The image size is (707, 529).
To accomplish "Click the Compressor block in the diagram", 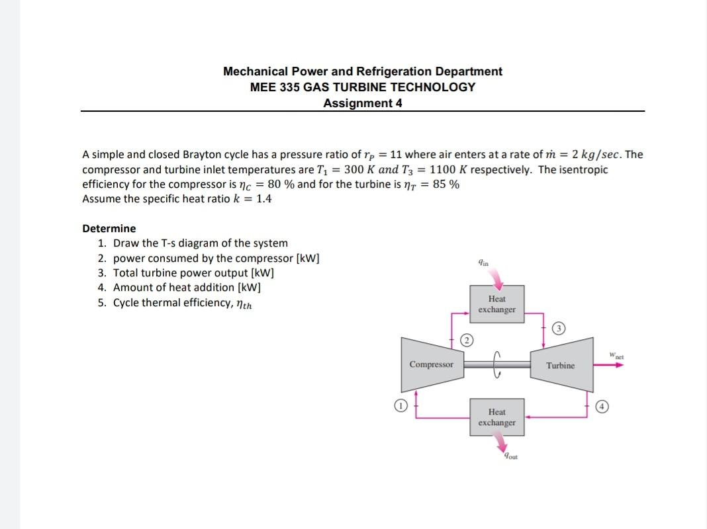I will pyautogui.click(x=431, y=364).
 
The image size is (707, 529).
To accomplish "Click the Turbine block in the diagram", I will pyautogui.click(x=560, y=365).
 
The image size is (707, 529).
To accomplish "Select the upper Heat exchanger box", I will pyautogui.click(x=496, y=304).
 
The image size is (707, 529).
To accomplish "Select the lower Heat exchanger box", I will pyautogui.click(x=496, y=417).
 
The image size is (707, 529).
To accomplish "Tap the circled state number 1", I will pyautogui.click(x=399, y=405).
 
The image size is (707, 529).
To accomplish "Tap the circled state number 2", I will pyautogui.click(x=467, y=341).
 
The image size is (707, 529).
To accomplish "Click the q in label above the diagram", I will pyautogui.click(x=483, y=263).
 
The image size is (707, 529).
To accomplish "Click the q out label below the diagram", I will pyautogui.click(x=509, y=455).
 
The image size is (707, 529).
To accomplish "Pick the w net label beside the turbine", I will pyautogui.click(x=617, y=358).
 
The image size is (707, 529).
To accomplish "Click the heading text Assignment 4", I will pyautogui.click(x=362, y=103).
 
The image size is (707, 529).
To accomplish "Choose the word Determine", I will pyautogui.click(x=109, y=229).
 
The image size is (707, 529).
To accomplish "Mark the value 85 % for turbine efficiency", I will pyautogui.click(x=446, y=184).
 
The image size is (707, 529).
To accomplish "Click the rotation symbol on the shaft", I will pyautogui.click(x=497, y=364).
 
